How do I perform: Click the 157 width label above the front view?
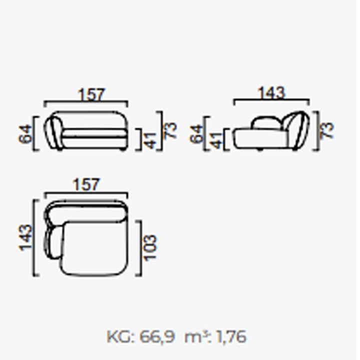pos(91,94)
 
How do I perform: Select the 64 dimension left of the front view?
pos(25,134)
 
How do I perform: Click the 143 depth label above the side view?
pos(271,93)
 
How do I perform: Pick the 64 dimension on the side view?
pos(197,134)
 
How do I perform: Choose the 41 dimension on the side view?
pos(216,140)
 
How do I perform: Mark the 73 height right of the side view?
pos(327,130)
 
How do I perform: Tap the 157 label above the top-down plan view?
pos(86,184)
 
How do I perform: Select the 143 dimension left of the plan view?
pos(25,238)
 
